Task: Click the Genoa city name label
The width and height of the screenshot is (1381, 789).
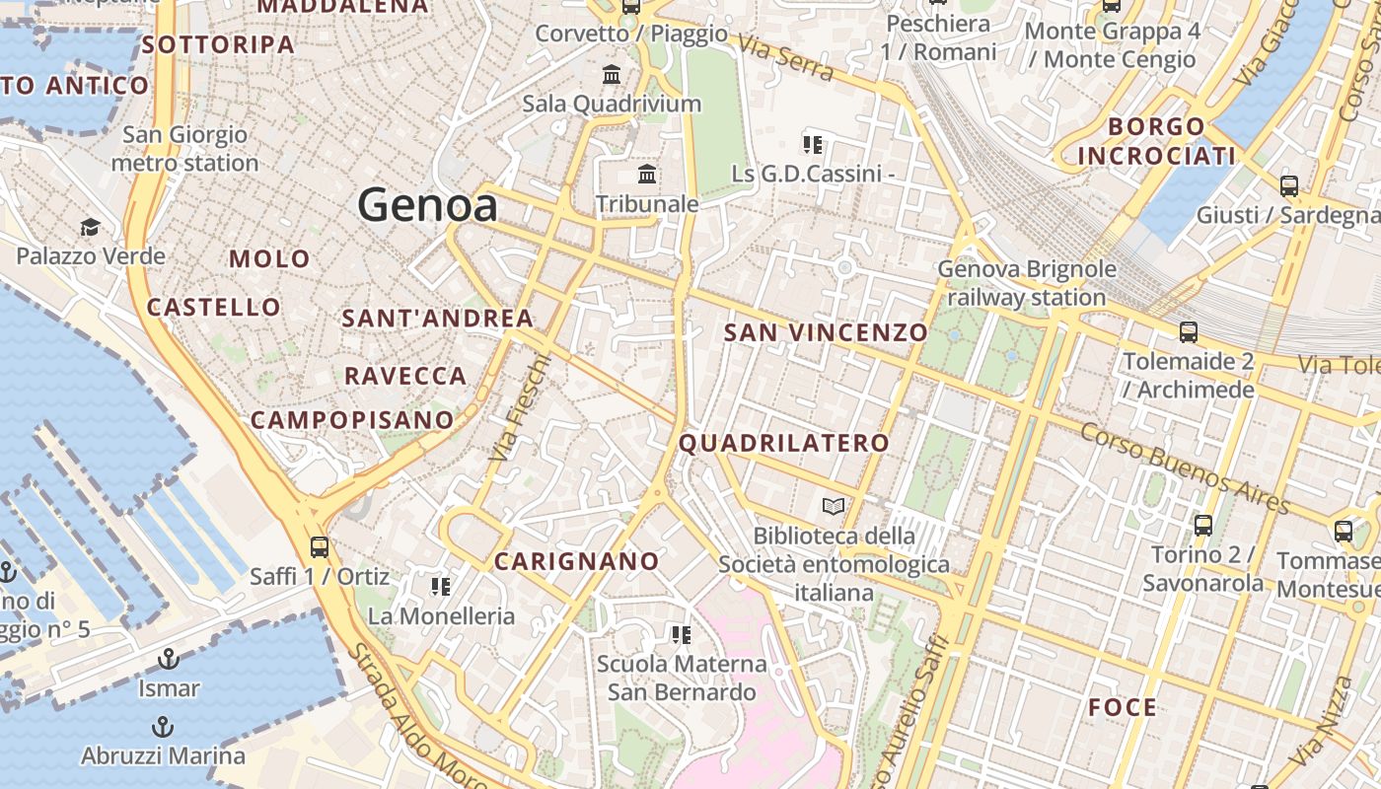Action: [x=427, y=205]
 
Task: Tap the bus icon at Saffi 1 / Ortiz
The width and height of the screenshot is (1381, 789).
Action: [x=319, y=546]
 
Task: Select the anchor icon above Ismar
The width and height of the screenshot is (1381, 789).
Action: [x=169, y=658]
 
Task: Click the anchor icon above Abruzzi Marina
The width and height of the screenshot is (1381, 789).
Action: [x=163, y=727]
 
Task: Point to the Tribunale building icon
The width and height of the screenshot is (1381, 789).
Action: [x=647, y=175]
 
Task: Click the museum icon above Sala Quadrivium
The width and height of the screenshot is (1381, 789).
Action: [x=612, y=74]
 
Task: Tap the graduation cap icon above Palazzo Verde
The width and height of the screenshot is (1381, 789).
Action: [x=90, y=228]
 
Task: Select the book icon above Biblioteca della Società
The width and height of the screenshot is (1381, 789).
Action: [x=834, y=507]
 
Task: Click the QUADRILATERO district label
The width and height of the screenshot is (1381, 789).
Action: [x=784, y=443]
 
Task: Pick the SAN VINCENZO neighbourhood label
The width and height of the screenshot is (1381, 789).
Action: [x=826, y=332]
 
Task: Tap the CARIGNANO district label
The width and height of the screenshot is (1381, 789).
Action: [x=577, y=561]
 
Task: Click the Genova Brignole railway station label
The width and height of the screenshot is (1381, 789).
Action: [x=1027, y=283]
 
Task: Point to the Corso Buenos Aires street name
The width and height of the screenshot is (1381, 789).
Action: [x=1184, y=468]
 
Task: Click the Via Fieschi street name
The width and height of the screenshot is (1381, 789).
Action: [x=518, y=408]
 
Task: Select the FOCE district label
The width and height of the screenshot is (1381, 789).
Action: [x=1123, y=707]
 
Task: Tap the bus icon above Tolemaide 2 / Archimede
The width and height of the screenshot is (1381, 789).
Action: [x=1189, y=332]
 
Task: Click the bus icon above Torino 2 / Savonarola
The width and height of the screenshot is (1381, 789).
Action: [x=1202, y=525]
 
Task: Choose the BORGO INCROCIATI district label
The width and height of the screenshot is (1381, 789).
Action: [x=1156, y=141]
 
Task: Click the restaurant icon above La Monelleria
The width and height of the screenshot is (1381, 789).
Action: [x=441, y=587]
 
